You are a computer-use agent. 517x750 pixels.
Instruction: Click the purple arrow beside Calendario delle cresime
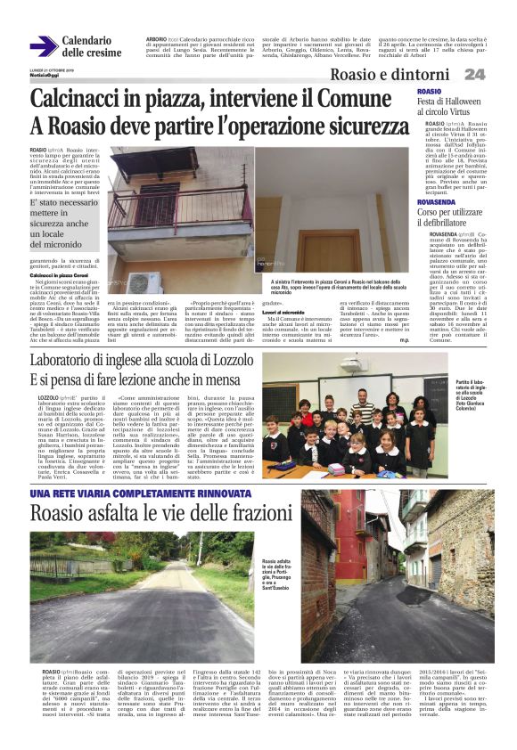pyautogui.click(x=43, y=46)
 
